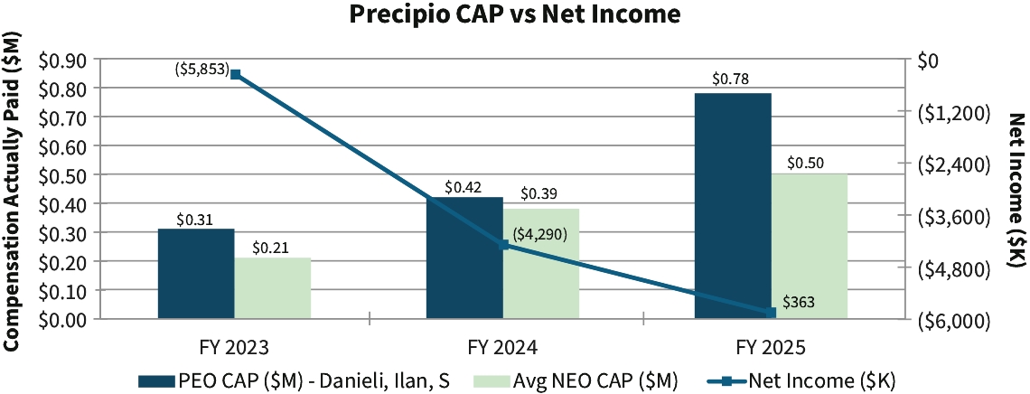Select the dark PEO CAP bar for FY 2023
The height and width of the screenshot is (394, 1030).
click(196, 274)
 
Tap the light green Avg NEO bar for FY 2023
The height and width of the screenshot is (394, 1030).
click(273, 288)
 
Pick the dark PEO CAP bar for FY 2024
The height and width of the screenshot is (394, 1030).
click(464, 258)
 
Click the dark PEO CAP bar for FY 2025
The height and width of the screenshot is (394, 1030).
click(733, 206)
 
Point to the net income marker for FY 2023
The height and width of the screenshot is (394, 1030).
click(235, 75)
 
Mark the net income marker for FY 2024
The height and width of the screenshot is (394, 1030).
click(503, 244)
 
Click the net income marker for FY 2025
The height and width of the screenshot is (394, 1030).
click(771, 312)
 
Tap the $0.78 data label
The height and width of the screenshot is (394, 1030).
click(730, 80)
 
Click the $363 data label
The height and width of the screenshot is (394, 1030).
click(799, 302)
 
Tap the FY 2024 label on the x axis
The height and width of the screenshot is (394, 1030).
click(503, 347)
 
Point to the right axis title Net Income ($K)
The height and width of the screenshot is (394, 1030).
click(1016, 190)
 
